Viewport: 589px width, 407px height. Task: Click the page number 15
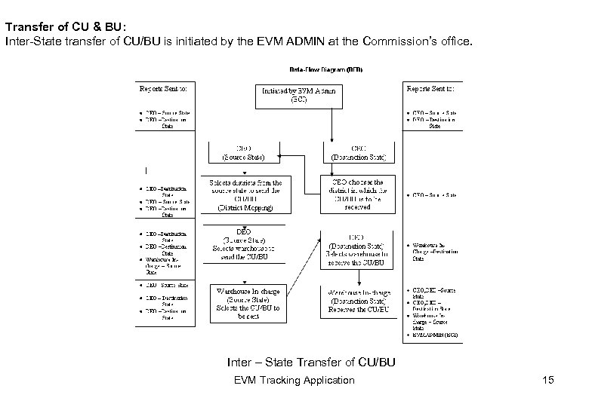point(547,380)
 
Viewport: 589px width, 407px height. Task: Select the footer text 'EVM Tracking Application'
point(294,380)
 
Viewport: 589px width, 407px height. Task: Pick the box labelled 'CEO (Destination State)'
point(359,153)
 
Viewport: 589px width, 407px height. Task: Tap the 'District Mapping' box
point(247,194)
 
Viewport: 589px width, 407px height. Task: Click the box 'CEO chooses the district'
point(358,194)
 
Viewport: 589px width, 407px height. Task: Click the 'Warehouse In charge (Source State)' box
point(248,303)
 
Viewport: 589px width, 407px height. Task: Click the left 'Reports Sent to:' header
point(163,87)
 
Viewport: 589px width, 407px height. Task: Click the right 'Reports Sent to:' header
point(430,87)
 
